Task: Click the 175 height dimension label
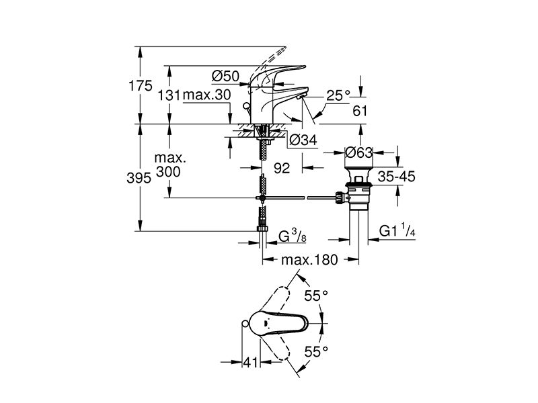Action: (141, 85)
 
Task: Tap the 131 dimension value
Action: (169, 95)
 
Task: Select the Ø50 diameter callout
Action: (225, 76)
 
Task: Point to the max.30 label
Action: (207, 95)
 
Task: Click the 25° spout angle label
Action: (338, 95)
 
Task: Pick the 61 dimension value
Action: (360, 111)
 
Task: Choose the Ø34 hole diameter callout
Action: (303, 140)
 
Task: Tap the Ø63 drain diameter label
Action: (359, 152)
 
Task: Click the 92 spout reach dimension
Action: (282, 168)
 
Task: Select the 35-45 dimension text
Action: (396, 177)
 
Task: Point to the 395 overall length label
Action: (139, 178)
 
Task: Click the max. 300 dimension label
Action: (169, 165)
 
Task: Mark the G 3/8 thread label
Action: (293, 236)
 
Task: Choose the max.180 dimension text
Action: (309, 260)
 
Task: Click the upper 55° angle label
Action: (316, 296)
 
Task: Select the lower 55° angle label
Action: (316, 351)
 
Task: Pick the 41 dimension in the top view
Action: (250, 362)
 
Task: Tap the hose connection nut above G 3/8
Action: (262, 229)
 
